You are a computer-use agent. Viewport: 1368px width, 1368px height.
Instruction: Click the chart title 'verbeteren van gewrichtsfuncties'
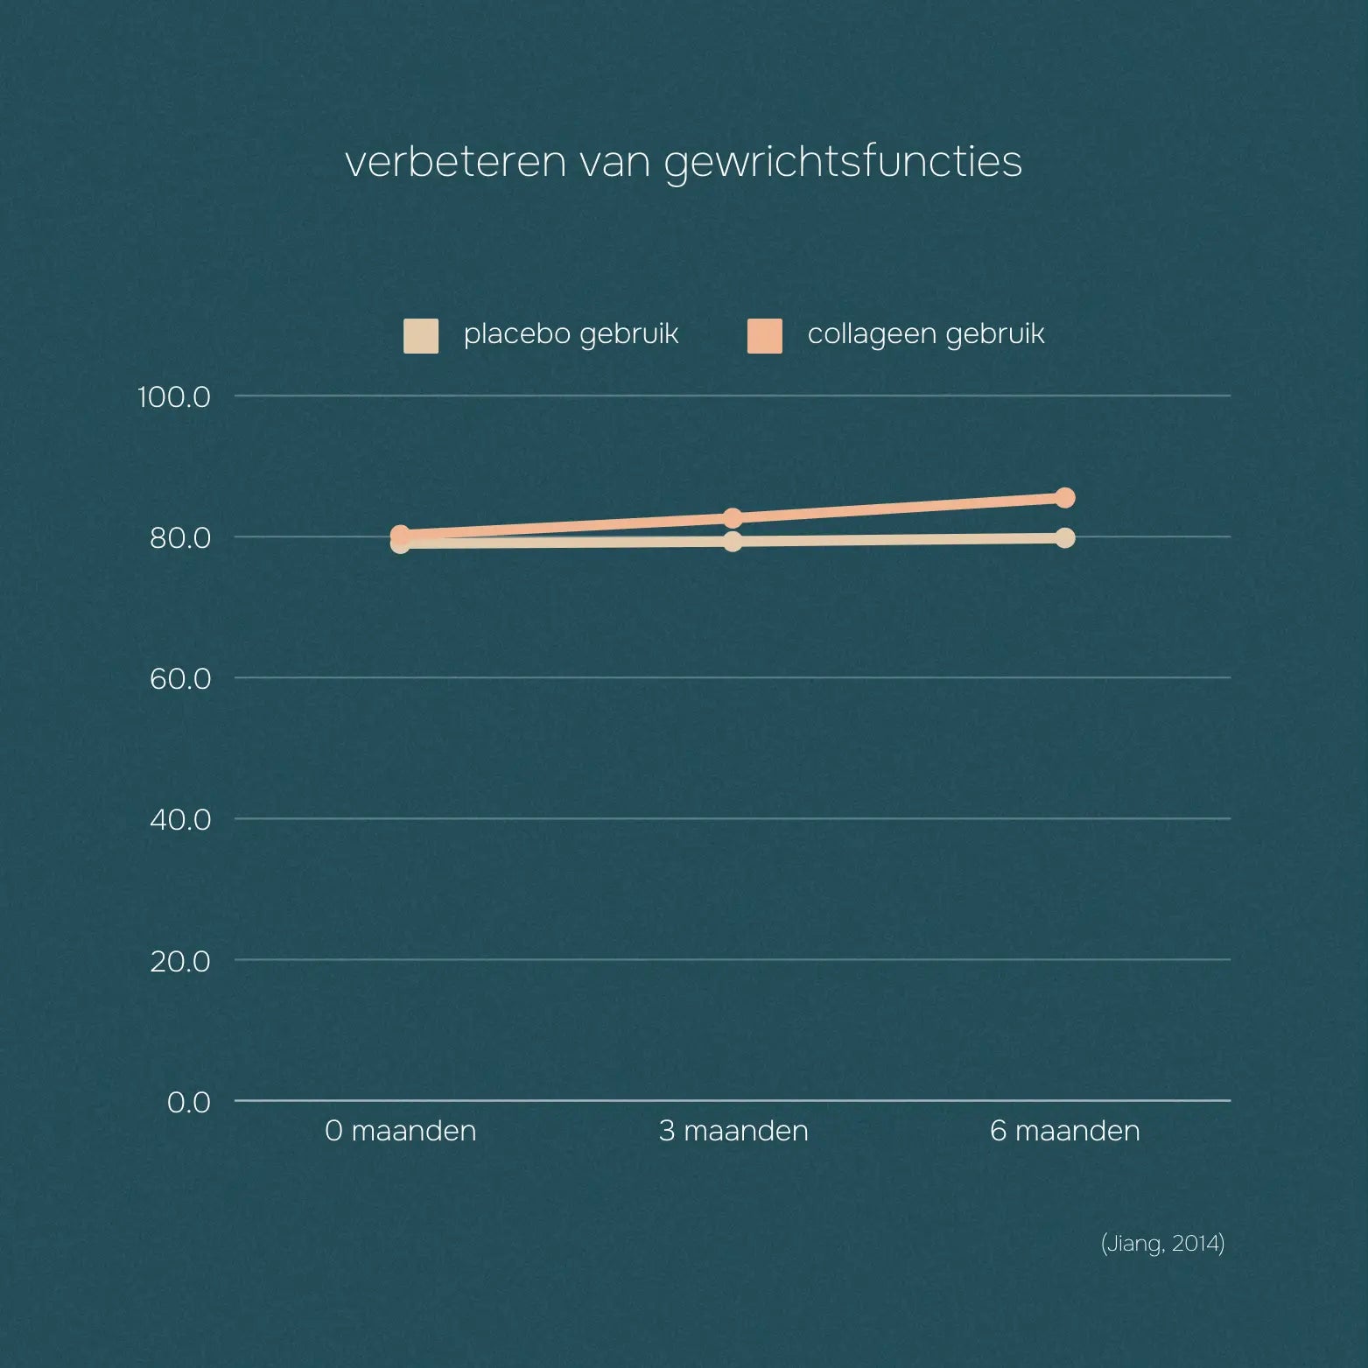pos(684,162)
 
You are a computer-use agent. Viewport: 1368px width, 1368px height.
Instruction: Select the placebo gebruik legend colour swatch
pos(421,336)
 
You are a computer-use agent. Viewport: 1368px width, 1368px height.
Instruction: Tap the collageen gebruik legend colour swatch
pos(765,336)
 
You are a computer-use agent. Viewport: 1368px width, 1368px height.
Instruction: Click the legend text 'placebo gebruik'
pos(571,334)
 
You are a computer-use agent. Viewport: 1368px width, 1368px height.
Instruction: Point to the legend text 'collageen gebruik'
pos(926,334)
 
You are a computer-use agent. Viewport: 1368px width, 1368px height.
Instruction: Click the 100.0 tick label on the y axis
pos(174,397)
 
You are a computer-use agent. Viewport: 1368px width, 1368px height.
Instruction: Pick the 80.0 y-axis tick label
pos(180,537)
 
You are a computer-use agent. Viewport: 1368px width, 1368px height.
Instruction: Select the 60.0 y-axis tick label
pos(180,678)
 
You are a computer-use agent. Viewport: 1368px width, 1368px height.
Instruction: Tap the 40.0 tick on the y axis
pos(180,820)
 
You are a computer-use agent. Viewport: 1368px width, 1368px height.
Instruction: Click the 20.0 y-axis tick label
pos(180,961)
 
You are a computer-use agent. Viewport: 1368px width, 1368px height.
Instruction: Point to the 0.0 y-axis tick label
pos(189,1102)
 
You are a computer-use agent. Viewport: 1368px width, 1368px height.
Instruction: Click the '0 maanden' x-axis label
pos(401,1131)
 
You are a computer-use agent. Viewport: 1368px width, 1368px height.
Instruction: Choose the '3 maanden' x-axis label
pos(733,1131)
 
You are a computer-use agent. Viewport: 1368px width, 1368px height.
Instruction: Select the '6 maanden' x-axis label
pos(1065,1131)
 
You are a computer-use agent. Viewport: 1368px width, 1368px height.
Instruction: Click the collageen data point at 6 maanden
pos(1065,498)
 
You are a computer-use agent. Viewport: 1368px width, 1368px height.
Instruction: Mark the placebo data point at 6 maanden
pos(1065,537)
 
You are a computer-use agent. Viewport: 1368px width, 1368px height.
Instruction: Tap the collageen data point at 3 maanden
pos(733,518)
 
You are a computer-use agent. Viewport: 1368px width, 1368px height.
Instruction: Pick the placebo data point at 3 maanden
pos(733,542)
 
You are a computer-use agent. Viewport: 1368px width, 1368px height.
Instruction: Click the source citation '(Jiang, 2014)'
pos(1162,1244)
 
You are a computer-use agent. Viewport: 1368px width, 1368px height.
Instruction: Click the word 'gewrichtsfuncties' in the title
pos(843,162)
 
